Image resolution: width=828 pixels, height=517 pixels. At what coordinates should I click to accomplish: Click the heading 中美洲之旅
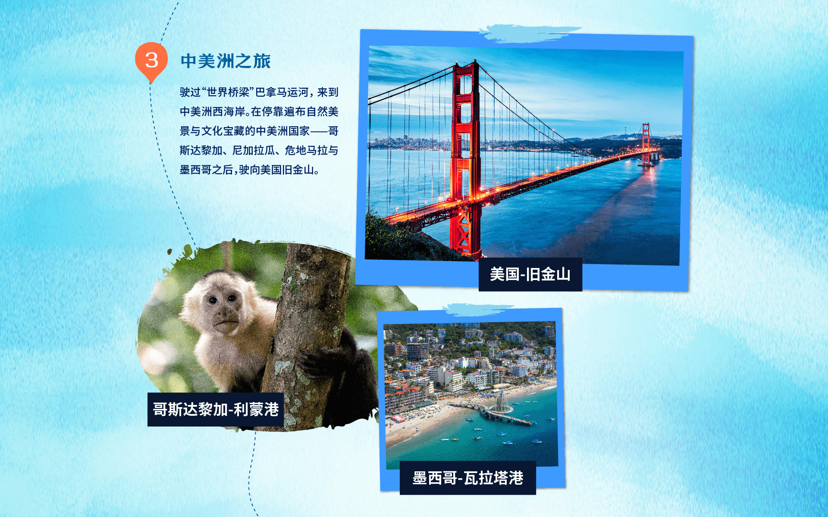(x=226, y=61)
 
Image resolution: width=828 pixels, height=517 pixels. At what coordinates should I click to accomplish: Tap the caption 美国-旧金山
(x=530, y=274)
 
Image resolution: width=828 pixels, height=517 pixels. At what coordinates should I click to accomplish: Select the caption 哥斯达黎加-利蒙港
(x=216, y=409)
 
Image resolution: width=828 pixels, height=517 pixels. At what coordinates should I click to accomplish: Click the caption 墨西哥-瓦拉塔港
(x=468, y=478)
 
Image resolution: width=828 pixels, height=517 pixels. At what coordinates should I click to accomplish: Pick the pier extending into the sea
(x=496, y=411)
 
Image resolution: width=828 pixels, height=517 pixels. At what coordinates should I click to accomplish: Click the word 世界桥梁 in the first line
(x=228, y=92)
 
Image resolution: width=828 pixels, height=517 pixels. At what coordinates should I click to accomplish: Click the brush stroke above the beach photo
(x=479, y=309)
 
